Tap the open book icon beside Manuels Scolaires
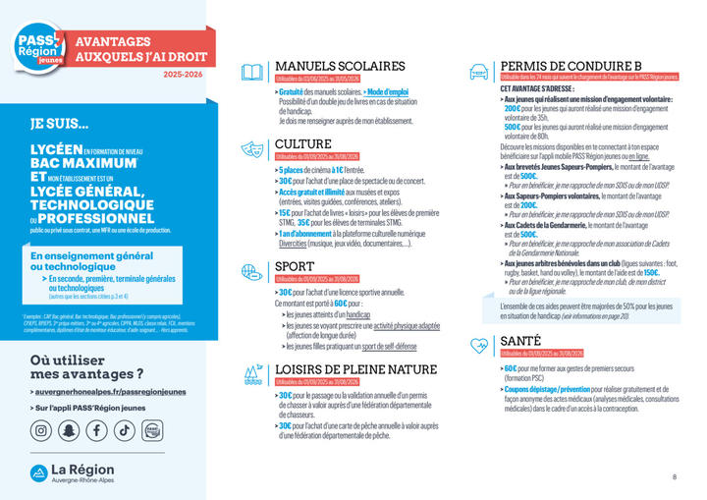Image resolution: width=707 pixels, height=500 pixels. [252, 72]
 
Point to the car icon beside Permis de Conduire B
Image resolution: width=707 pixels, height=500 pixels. [480, 72]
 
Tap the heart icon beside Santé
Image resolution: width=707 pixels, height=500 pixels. [480, 345]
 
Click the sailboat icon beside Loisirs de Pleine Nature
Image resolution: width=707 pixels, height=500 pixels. [252, 373]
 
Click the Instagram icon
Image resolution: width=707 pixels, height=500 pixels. [41, 430]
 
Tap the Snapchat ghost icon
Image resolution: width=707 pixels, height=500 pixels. [69, 430]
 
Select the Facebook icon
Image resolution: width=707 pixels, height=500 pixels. [96, 430]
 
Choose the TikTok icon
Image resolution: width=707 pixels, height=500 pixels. [125, 430]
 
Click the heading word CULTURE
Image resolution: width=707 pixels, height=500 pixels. [302, 144]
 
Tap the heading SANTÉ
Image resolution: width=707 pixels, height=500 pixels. [520, 340]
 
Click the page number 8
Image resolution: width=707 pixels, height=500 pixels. [675, 477]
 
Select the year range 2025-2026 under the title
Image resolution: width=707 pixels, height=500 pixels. [186, 75]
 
